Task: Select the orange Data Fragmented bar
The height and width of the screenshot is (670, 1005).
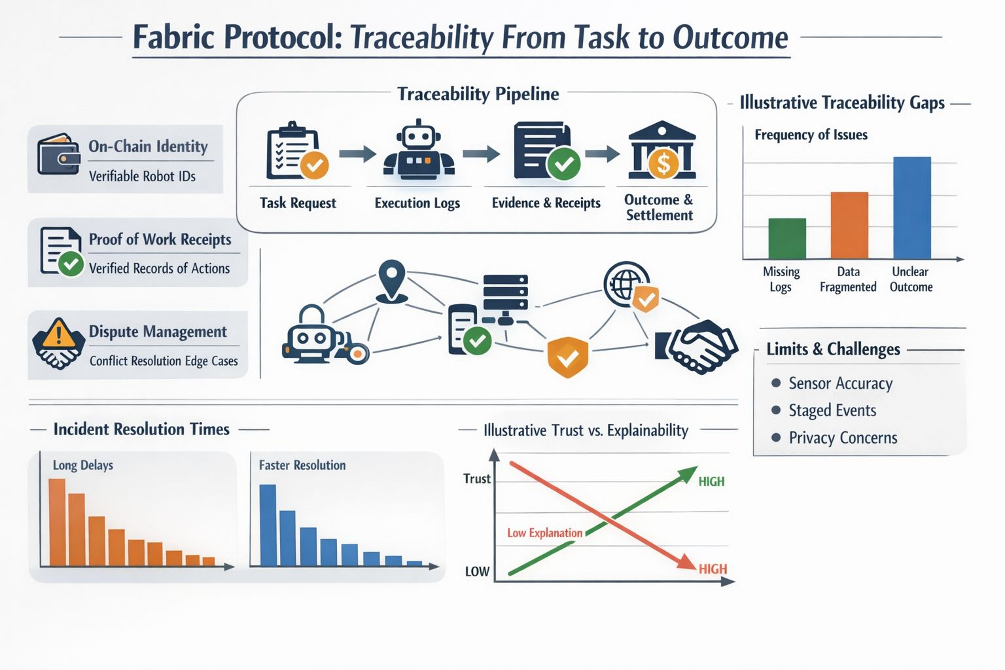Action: tap(849, 225)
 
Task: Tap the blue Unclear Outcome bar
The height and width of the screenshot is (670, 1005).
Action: tap(911, 207)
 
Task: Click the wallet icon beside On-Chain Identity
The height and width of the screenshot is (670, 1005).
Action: tap(58, 154)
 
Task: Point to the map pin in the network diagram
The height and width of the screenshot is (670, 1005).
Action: tap(391, 280)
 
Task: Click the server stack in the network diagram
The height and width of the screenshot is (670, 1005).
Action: tap(505, 294)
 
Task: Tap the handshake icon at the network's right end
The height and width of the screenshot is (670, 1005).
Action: tap(699, 345)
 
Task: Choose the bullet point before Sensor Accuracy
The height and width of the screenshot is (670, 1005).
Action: tap(776, 383)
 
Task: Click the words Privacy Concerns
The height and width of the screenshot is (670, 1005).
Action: tap(843, 438)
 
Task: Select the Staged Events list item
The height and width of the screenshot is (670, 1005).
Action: tap(832, 410)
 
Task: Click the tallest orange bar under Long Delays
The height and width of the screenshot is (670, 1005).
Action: tap(57, 522)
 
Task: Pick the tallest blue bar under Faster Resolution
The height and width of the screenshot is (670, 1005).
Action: tap(268, 525)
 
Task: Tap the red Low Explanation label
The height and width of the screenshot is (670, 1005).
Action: tap(544, 533)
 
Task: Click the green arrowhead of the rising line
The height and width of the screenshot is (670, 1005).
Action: tap(688, 474)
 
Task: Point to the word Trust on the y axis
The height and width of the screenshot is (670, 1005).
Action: tap(476, 478)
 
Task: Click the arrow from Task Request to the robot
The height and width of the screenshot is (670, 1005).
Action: tap(357, 154)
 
